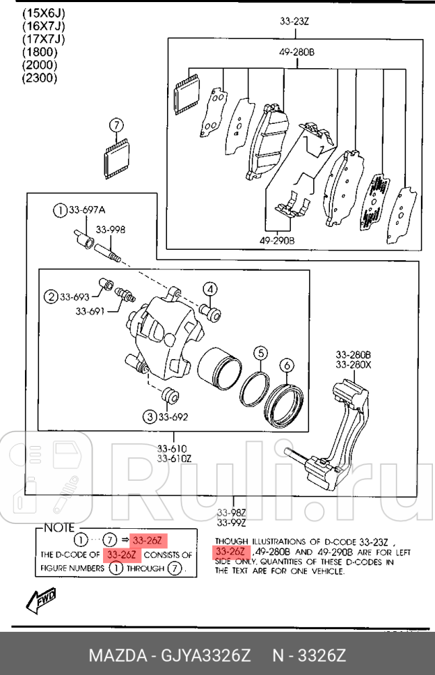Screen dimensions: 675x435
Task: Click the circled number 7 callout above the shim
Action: pos(116,125)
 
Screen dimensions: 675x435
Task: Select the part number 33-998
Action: pos(110,230)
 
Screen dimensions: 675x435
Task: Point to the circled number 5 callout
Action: pos(260,354)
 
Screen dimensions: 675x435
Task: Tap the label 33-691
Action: pos(90,311)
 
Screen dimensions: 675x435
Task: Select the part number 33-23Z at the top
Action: pos(294,22)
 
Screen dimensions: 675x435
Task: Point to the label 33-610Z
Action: pos(173,458)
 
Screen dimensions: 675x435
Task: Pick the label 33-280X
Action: pos(353,364)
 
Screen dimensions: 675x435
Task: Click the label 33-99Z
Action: pos(230,523)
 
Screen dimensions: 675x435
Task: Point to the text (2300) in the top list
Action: pos(39,78)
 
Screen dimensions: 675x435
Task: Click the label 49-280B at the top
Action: pos(297,52)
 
